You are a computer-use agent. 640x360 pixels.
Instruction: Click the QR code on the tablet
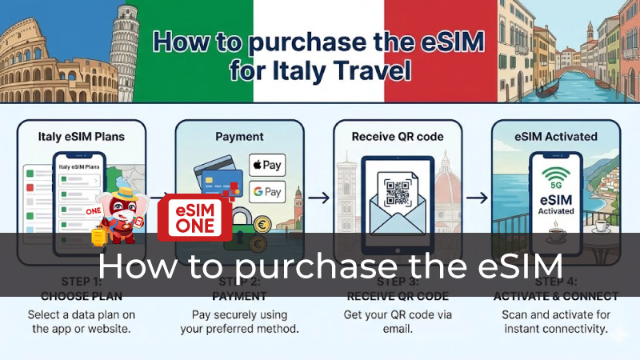coord(398,192)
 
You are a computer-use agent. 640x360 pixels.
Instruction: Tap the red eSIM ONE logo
coord(194,217)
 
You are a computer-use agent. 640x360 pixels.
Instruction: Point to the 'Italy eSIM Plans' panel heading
coord(82,137)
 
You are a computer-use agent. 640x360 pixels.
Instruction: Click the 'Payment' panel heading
coord(239,137)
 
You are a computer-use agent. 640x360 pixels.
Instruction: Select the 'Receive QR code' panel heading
coord(397,137)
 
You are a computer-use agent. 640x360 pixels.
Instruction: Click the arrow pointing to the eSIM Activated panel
coord(478,196)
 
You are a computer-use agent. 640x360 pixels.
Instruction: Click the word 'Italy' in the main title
coord(301,72)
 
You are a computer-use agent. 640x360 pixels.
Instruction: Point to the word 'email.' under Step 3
coord(398,329)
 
